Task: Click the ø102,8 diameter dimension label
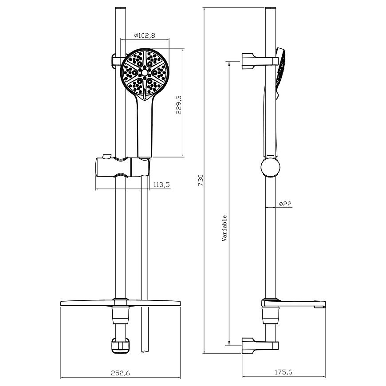pos(145,35)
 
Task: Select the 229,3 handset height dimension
pos(179,105)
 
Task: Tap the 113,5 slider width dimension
pos(162,185)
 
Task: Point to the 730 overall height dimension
pos(201,180)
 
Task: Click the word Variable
pos(224,228)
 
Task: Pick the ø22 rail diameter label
pos(285,204)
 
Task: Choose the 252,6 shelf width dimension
pos(120,373)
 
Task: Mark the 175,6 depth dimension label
pos(284,372)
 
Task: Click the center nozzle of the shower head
pos(145,72)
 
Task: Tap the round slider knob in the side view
pos(270,167)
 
